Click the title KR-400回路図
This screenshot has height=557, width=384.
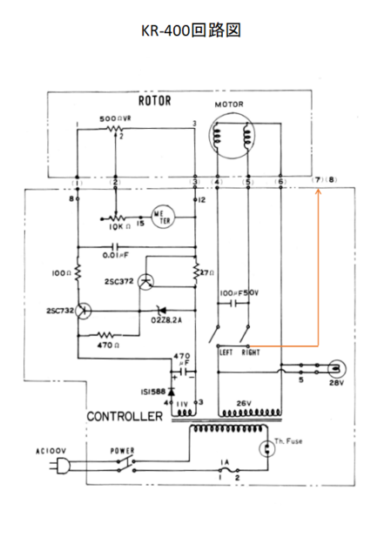(x=191, y=30)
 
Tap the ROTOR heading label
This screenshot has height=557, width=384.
(x=154, y=100)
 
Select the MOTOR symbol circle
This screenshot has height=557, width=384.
(x=233, y=138)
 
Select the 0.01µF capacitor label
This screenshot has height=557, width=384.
(x=116, y=255)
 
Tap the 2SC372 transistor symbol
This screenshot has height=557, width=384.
(x=149, y=280)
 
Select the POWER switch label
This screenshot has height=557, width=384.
(x=124, y=451)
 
